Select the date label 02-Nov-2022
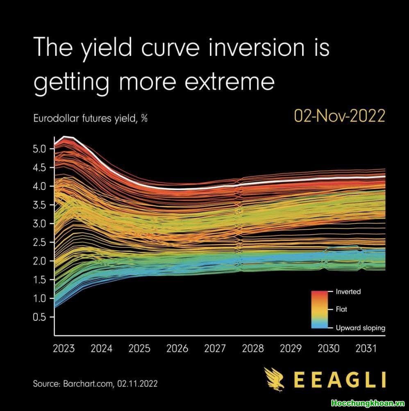tap(340, 116)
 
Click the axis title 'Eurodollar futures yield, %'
tap(90, 119)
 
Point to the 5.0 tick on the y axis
tap(40, 148)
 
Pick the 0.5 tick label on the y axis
tap(40, 317)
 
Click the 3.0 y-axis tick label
tap(40, 224)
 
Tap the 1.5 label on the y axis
tap(40, 280)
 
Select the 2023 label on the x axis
tap(64, 349)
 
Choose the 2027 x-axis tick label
tap(215, 349)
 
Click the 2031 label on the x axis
tap(366, 349)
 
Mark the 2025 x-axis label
tap(139, 349)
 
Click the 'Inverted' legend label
tap(348, 292)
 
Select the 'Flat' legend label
tap(341, 310)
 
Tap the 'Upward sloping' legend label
tap(360, 328)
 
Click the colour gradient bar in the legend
tap(319, 310)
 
